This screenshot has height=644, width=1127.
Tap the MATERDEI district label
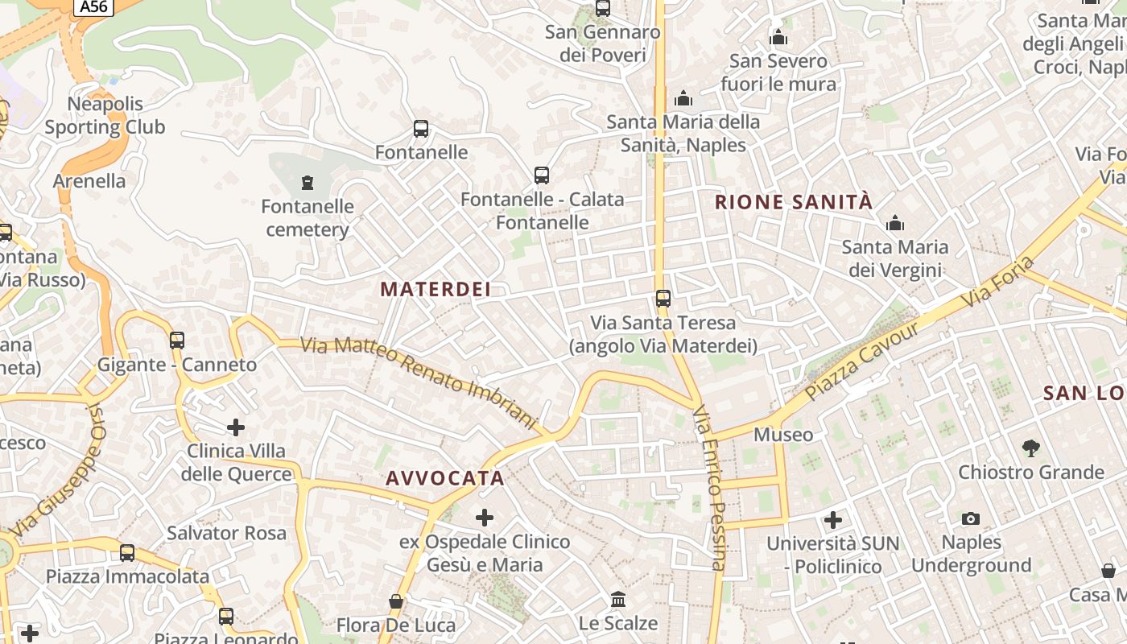(436, 289)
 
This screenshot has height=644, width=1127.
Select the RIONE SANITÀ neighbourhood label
(794, 202)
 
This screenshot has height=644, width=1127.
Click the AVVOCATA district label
(445, 478)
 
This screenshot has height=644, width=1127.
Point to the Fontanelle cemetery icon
(307, 183)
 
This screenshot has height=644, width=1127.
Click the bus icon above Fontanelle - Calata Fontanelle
(542, 175)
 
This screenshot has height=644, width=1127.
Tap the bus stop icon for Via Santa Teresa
(663, 299)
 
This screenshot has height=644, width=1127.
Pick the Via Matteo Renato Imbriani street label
(419, 382)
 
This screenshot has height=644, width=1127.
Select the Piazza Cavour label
(862, 362)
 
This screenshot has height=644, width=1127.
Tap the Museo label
(783, 435)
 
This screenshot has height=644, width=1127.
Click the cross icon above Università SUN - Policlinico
(833, 519)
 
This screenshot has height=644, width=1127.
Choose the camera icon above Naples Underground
(971, 519)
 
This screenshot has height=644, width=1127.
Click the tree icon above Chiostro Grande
(1030, 448)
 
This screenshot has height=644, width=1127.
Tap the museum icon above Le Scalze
(618, 600)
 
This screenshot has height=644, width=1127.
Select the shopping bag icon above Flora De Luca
(396, 601)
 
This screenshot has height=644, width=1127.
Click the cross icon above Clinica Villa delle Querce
(236, 427)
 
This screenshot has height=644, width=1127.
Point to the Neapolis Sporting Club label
(105, 115)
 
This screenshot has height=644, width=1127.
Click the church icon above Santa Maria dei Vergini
(895, 223)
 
